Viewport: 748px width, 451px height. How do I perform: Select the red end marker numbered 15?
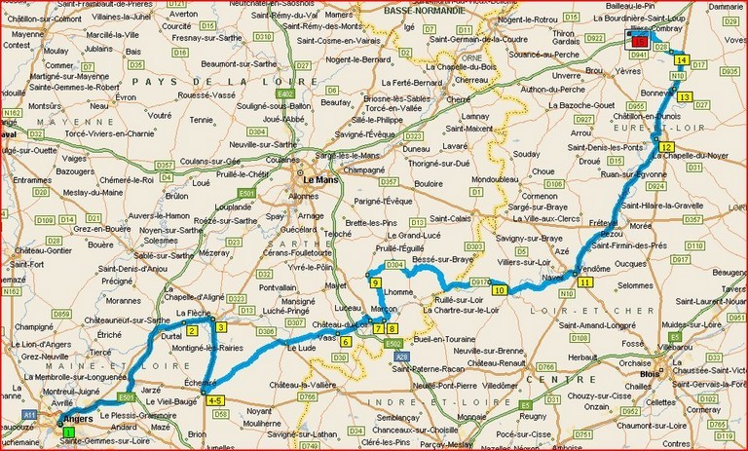point(637,42)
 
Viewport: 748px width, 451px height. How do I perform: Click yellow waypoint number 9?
point(376,282)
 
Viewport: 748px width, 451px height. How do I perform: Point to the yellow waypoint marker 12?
point(666,147)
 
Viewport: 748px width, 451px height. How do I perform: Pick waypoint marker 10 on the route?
point(499,290)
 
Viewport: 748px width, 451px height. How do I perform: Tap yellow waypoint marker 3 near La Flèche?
point(221,326)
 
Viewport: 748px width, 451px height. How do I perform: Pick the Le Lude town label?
point(300,347)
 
